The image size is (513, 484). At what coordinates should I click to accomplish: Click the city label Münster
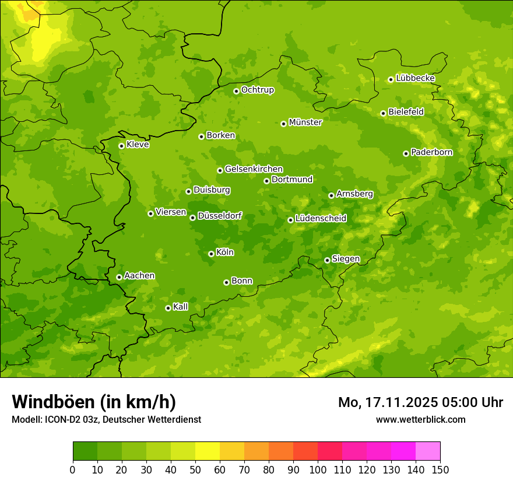click(x=305, y=122)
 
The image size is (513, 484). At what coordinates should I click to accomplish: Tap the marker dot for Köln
click(x=211, y=254)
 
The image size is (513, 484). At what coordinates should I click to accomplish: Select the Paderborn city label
click(x=431, y=152)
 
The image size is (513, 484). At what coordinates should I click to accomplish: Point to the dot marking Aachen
click(x=119, y=277)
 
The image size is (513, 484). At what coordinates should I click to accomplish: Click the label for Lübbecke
click(x=415, y=78)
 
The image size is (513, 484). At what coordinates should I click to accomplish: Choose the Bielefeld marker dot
click(x=383, y=113)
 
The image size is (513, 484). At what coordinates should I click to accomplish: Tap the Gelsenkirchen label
click(x=254, y=169)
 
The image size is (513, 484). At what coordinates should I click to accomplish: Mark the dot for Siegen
click(x=327, y=260)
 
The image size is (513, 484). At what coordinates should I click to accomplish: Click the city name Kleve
click(x=138, y=145)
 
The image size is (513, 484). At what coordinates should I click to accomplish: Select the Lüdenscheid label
click(x=321, y=219)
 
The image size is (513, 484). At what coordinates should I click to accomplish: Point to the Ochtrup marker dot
click(x=236, y=91)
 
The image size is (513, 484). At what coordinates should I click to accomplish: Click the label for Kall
click(x=180, y=307)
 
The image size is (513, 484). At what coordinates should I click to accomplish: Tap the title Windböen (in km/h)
click(x=94, y=402)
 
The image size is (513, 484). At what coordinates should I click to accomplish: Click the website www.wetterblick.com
click(x=420, y=419)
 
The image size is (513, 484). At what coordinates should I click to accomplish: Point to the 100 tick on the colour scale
click(x=318, y=469)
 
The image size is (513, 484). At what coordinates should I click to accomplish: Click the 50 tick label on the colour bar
click(x=195, y=469)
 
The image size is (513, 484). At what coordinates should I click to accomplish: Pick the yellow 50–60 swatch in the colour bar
click(x=208, y=451)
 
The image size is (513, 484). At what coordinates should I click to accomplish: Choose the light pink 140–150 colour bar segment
click(x=428, y=451)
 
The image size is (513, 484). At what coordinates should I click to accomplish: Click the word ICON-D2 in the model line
click(x=61, y=419)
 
